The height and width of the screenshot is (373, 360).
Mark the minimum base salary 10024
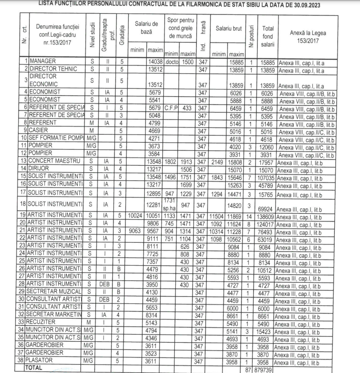tap(137, 215)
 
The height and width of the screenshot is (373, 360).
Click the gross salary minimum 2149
tap(218, 160)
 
